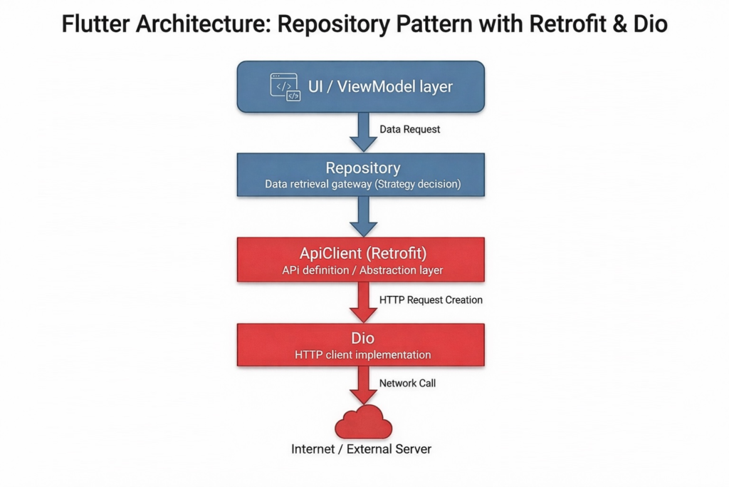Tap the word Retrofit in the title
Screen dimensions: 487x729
[557, 25]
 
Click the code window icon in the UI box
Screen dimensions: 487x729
[285, 86]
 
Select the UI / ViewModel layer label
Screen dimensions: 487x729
[380, 87]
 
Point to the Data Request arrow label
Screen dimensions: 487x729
[410, 129]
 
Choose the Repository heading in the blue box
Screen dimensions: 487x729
[363, 168]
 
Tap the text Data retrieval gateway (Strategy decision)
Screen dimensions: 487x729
[363, 184]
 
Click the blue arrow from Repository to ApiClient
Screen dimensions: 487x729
[364, 216]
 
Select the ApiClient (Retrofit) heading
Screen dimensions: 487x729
[363, 253]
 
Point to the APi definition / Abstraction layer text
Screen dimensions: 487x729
[363, 270]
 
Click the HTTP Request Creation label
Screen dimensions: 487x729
[431, 299]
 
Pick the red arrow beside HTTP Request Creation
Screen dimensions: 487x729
[364, 302]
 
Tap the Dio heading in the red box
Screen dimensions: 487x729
[363, 339]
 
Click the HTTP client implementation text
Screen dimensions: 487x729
[363, 354]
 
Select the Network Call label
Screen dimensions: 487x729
[407, 383]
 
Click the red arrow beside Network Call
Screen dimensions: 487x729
[364, 386]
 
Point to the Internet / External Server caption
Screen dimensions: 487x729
[362, 449]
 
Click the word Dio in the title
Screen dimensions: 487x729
[649, 25]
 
